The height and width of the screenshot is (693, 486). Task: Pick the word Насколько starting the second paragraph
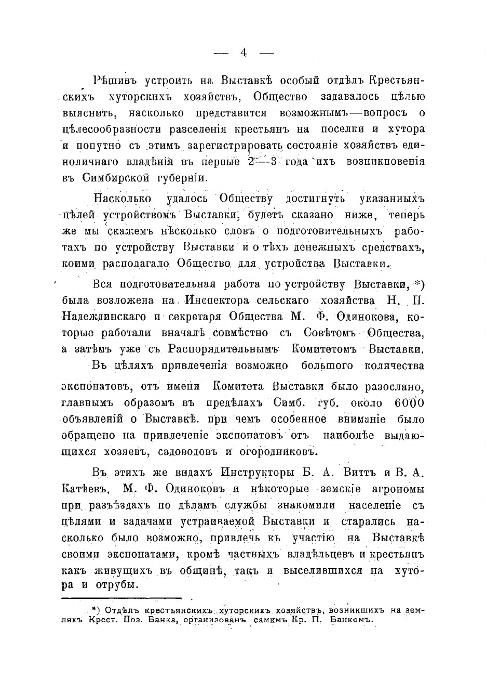click(123, 199)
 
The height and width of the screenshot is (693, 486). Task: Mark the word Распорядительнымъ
click(225, 349)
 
